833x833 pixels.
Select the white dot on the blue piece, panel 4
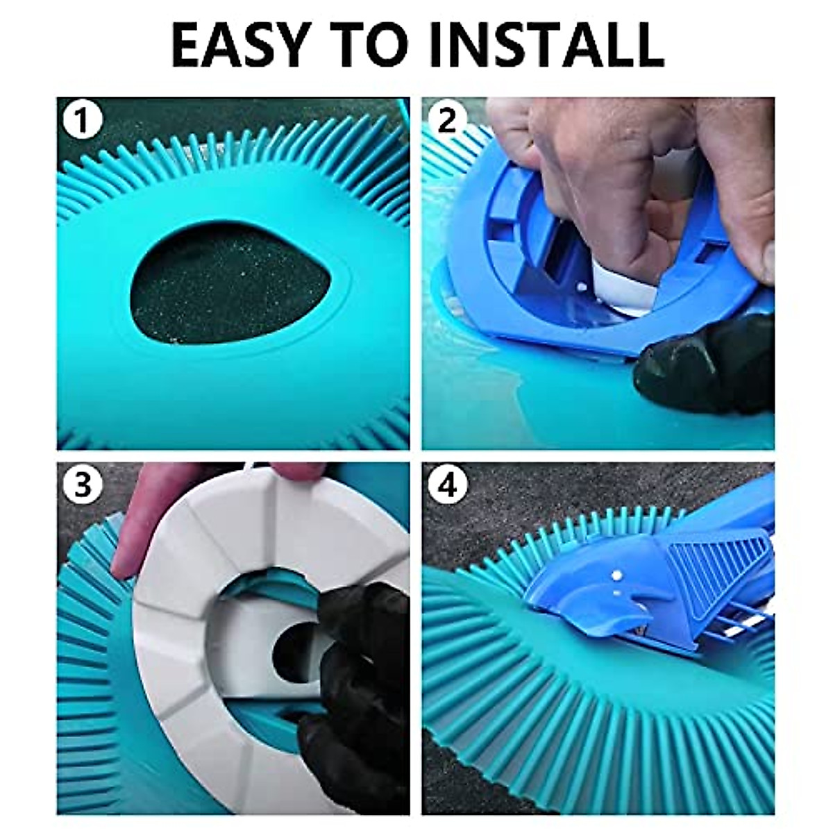pos(615,575)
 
